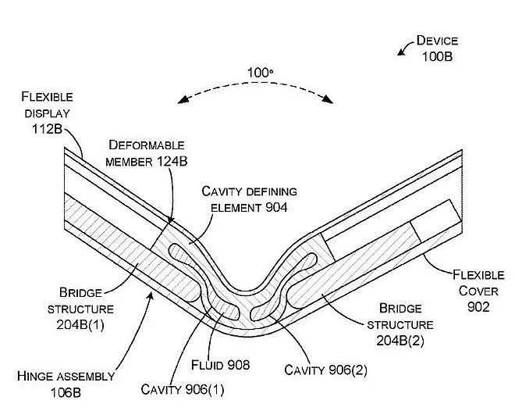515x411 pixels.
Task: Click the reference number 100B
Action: (x=437, y=56)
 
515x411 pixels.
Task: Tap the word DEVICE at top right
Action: (x=437, y=41)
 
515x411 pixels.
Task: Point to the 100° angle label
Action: (x=260, y=73)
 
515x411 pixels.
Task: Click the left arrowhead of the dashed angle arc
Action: (x=181, y=100)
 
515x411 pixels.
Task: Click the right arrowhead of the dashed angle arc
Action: (x=329, y=100)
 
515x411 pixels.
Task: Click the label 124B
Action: (x=169, y=161)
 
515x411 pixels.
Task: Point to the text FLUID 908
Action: (x=220, y=365)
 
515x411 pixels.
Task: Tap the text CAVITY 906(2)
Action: (x=326, y=370)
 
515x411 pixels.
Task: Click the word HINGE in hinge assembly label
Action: (x=36, y=376)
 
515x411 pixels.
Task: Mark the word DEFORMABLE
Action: (x=147, y=145)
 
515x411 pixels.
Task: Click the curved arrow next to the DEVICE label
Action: (x=404, y=48)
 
